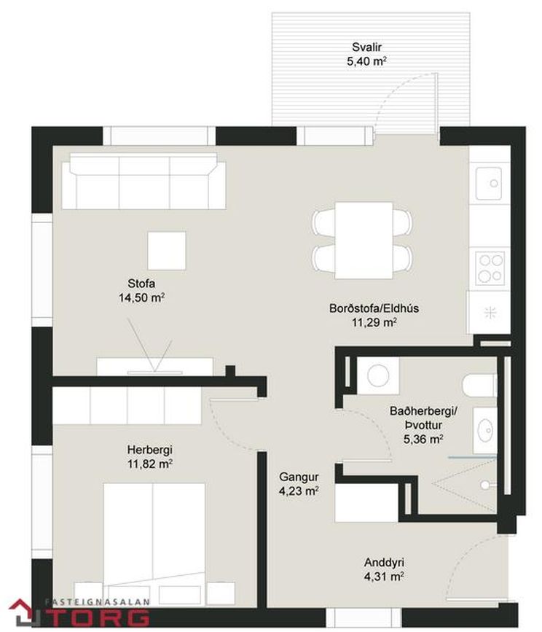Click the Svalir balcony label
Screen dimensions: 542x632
(x=366, y=47)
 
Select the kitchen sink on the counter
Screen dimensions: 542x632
(x=489, y=184)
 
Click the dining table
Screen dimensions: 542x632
(x=364, y=241)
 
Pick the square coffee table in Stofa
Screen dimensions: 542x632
(x=167, y=250)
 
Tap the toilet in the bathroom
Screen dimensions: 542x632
(x=479, y=386)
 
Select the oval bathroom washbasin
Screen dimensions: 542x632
(x=484, y=430)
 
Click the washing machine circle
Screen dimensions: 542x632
(x=378, y=375)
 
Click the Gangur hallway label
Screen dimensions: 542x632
(x=299, y=477)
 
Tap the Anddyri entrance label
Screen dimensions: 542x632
(x=384, y=562)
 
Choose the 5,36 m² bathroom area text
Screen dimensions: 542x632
(x=423, y=439)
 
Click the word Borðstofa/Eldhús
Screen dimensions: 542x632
(x=374, y=308)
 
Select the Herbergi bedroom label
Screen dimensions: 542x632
(x=150, y=450)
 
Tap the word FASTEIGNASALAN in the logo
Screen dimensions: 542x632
(x=97, y=602)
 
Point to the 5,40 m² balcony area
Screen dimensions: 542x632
(x=366, y=62)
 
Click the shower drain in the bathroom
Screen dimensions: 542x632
(x=486, y=485)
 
